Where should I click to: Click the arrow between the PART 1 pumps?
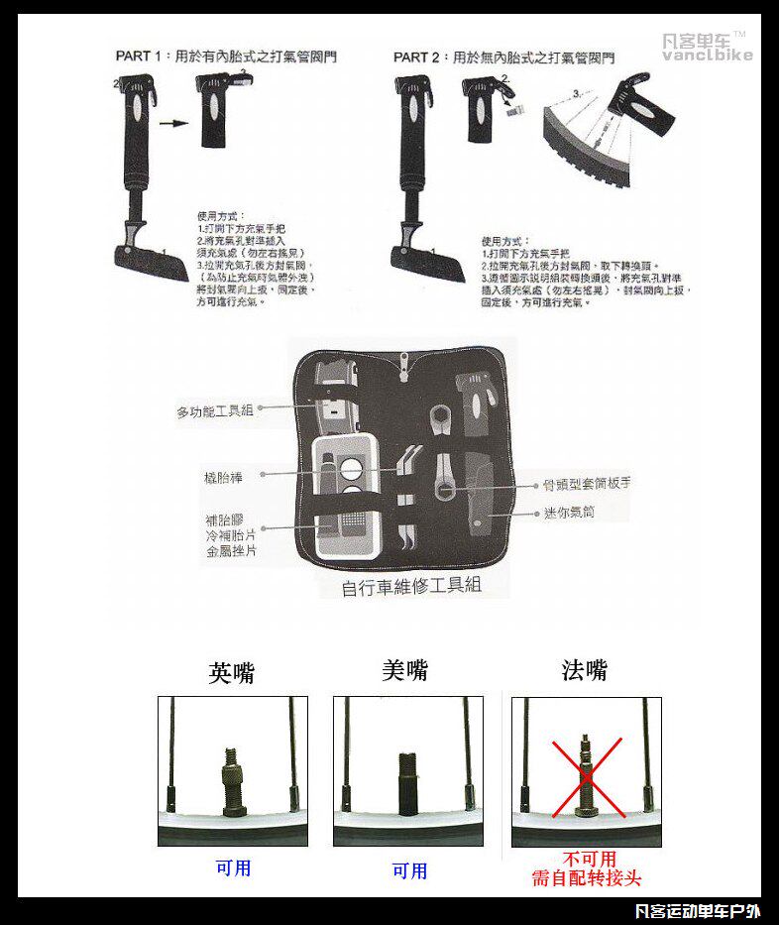point(173,124)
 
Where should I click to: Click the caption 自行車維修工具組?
point(411,586)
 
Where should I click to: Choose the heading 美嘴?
point(404,670)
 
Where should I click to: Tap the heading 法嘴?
point(585,670)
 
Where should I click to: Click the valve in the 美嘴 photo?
point(407,783)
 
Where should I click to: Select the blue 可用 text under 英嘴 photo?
point(233,868)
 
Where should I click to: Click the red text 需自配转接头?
point(587,878)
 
